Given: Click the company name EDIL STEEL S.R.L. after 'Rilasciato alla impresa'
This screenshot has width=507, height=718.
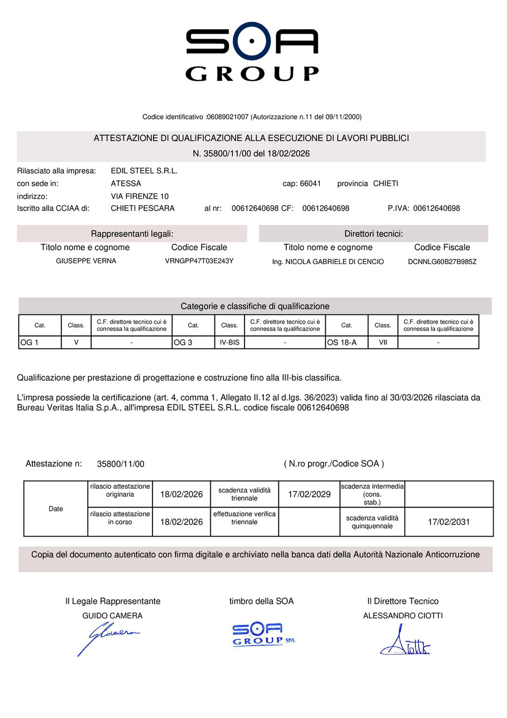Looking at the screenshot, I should (x=144, y=171).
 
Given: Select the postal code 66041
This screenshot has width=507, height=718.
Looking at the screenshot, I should (x=310, y=184).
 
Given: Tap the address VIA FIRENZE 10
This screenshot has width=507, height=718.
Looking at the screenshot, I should (x=140, y=196).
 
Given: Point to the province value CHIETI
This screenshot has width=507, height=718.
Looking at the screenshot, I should (x=386, y=184).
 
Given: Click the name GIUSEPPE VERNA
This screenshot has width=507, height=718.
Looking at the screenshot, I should (x=86, y=261).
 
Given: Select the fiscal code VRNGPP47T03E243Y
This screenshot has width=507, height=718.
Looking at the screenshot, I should (x=199, y=261).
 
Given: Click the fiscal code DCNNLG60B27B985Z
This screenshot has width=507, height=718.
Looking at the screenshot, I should (x=442, y=262).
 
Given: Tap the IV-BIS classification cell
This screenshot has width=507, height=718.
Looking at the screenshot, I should (x=229, y=342).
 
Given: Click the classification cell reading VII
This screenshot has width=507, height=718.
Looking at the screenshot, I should (x=383, y=342).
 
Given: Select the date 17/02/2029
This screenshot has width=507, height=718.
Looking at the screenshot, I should (x=309, y=495).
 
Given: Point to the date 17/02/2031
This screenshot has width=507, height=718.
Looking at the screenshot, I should (x=449, y=522).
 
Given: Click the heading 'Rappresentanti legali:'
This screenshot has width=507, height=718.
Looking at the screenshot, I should (x=132, y=234).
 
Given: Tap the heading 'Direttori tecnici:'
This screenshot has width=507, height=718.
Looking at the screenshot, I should (x=373, y=234).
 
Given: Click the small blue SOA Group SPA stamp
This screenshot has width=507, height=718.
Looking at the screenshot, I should (x=263, y=635).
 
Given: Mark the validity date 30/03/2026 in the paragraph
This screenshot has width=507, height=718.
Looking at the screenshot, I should (x=408, y=398).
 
